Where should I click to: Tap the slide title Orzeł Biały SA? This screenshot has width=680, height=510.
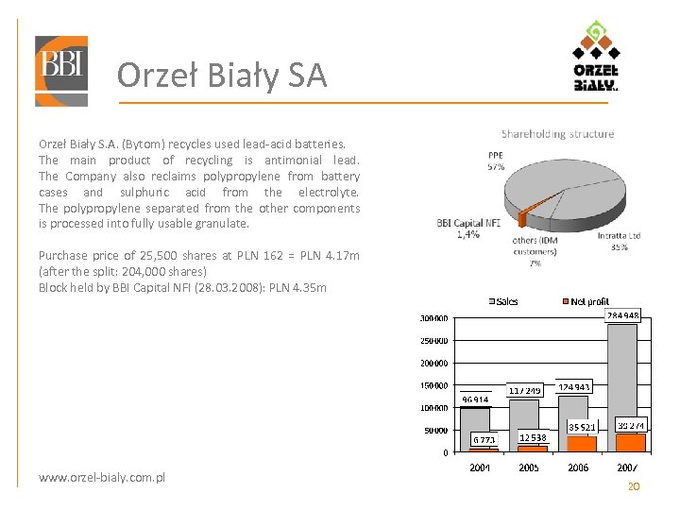tap(222, 76)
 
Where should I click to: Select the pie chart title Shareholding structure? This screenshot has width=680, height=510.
tap(557, 134)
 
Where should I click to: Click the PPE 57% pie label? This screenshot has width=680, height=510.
tap(496, 161)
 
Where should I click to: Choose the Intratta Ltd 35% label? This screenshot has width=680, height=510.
tap(620, 241)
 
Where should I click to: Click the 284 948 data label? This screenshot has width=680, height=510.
tap(623, 316)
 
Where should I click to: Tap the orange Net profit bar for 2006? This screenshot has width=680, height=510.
tap(583, 443)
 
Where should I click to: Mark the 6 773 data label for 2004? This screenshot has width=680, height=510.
tap(484, 439)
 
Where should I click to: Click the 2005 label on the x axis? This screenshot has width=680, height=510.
tap(530, 467)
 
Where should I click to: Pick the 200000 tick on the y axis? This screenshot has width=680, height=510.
tap(433, 363)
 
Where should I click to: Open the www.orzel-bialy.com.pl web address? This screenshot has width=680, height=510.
tap(102, 478)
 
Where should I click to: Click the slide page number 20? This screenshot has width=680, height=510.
tap(634, 486)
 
